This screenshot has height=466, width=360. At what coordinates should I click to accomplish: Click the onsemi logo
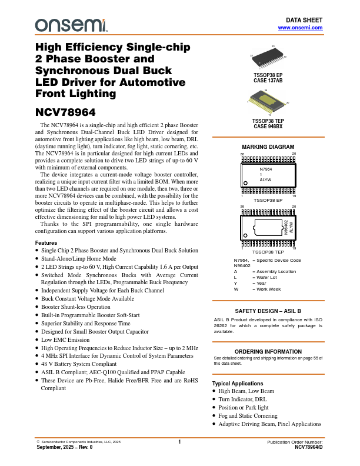[x=71, y=25]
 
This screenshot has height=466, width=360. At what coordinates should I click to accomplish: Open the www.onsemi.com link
[x=300, y=28]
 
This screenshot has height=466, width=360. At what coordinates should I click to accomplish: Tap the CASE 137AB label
[x=268, y=81]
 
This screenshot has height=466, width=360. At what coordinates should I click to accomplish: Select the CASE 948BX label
[x=268, y=126]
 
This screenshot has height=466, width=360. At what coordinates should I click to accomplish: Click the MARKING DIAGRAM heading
[x=268, y=147]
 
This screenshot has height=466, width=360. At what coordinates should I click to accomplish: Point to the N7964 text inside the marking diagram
[x=266, y=169]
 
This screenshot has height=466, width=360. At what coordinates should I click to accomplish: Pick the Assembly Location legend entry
[x=274, y=271]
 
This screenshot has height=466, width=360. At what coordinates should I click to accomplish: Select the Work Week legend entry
[x=268, y=289]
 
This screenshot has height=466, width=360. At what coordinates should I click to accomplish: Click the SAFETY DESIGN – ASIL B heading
[x=268, y=310]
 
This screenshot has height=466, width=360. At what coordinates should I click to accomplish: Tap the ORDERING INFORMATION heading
[x=268, y=351]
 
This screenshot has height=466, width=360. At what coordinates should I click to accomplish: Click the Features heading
[x=46, y=243]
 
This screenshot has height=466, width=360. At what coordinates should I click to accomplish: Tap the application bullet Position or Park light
[x=244, y=407]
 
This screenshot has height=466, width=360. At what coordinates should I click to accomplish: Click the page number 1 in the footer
[x=179, y=441]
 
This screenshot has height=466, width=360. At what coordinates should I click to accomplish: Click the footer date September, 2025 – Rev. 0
[x=64, y=447]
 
